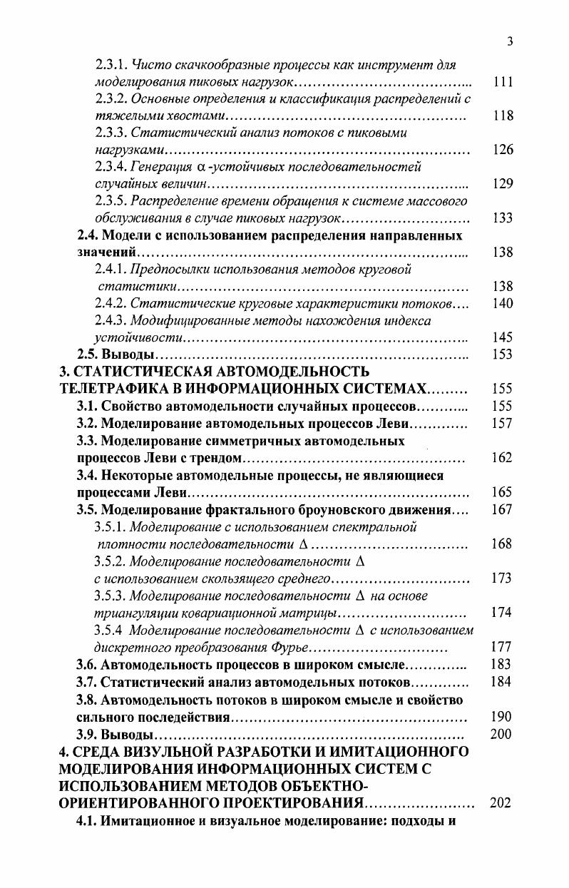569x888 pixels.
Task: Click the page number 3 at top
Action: pyautogui.click(x=510, y=41)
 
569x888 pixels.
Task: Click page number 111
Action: pyautogui.click(x=503, y=82)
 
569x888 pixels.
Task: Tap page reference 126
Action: pyautogui.click(x=503, y=150)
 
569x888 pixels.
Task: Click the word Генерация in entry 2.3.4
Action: pyautogui.click(x=158, y=168)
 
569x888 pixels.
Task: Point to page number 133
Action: pyautogui.click(x=503, y=218)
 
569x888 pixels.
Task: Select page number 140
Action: pyautogui.click(x=503, y=304)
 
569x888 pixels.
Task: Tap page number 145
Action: pyautogui.click(x=503, y=337)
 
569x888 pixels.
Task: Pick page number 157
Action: pyautogui.click(x=503, y=423)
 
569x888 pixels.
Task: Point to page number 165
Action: pyautogui.click(x=503, y=491)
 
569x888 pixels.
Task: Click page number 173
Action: pyautogui.click(x=503, y=578)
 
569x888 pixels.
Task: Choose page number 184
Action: pyautogui.click(x=503, y=683)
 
